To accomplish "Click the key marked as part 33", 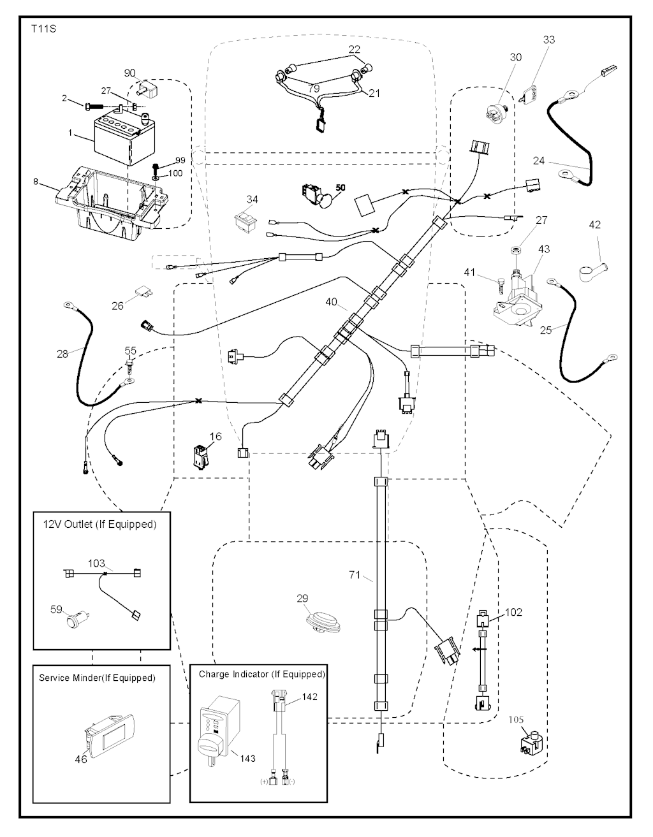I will (531, 93).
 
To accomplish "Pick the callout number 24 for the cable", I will (539, 161).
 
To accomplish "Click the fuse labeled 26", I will (144, 293).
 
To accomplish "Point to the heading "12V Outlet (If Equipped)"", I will (99, 524).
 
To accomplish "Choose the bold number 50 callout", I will (340, 187).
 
